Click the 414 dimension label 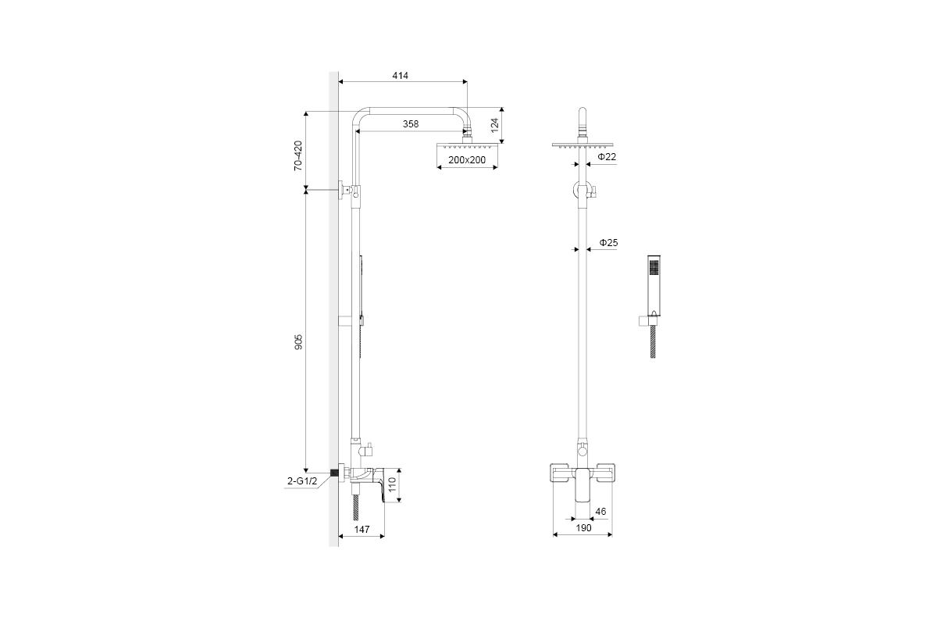pos(400,76)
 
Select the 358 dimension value pos(411,124)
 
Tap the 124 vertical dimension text pos(495,125)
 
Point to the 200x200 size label pos(467,160)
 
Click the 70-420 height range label pos(297,155)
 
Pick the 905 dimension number pos(298,342)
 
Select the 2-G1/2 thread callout pos(302,481)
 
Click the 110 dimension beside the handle pos(392,484)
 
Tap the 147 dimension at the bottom pos(362,530)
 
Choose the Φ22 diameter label pos(607,157)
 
